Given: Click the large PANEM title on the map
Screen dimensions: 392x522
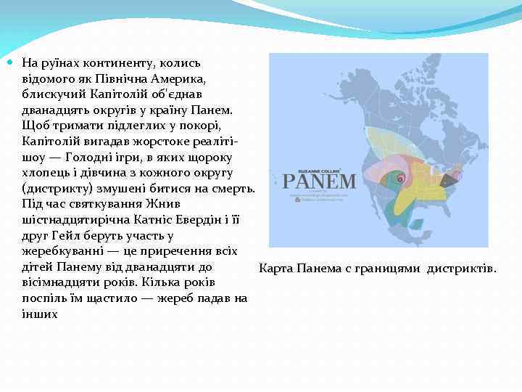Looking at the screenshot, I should pos(319,181).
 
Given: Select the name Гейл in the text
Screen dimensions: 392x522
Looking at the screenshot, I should pos(62,236).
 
